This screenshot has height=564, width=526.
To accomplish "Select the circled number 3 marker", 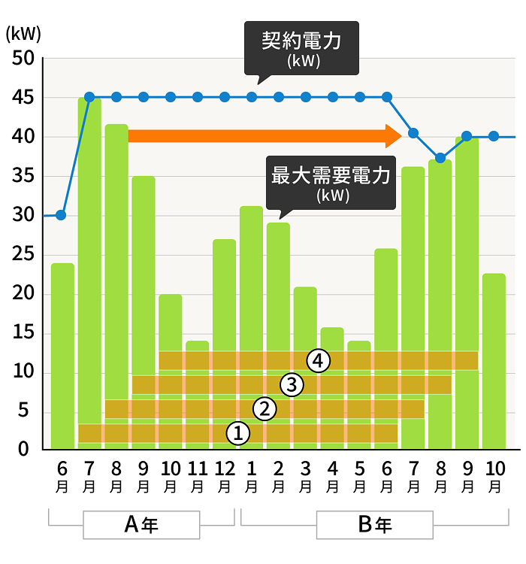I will (292, 385).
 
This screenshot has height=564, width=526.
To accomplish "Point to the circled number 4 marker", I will (319, 361).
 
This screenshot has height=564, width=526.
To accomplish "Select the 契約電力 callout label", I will (302, 48).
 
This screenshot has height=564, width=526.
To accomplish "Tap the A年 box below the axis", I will (141, 525).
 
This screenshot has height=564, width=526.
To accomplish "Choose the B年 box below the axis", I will (374, 525).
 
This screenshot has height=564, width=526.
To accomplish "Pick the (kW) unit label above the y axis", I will (23, 33).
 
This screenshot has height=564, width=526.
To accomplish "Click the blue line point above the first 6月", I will (62, 215).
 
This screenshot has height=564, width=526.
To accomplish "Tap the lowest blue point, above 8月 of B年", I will (440, 158).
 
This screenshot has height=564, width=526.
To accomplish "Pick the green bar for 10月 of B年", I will (494, 361).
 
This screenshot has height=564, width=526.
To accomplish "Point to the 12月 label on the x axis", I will (224, 476).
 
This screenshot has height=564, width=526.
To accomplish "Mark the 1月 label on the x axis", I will (251, 476).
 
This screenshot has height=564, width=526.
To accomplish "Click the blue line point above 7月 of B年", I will (413, 133).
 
